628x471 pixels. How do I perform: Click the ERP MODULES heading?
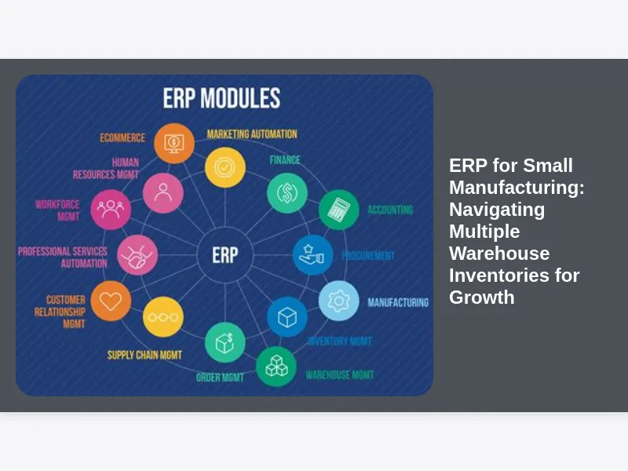coord(221,99)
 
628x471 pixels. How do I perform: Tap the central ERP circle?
coord(225,254)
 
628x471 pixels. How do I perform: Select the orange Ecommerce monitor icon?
coord(174,143)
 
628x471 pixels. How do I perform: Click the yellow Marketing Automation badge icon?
coord(225,167)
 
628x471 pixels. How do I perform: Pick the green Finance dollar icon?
coord(287,192)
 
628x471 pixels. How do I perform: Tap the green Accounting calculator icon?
coord(338,210)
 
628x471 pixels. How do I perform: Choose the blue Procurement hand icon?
coord(312,255)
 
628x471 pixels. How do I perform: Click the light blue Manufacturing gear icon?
coord(339,301)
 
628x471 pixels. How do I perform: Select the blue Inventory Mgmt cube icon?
coord(287,317)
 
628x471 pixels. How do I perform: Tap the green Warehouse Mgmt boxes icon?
coord(276,366)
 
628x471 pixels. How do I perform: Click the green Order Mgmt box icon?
coord(225,343)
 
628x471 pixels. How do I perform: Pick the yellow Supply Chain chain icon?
coord(163,317)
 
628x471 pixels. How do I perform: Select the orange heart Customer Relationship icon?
coord(111,301)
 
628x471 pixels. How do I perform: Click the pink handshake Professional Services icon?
coord(137,254)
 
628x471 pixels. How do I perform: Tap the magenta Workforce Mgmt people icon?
coord(111,209)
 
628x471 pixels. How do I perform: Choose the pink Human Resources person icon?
coord(163,192)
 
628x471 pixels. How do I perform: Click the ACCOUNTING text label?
coord(390,210)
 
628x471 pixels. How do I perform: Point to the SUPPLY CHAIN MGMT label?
coord(144,356)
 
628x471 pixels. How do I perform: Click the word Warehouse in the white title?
coord(499,254)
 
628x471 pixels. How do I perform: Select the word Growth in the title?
coord(482,298)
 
